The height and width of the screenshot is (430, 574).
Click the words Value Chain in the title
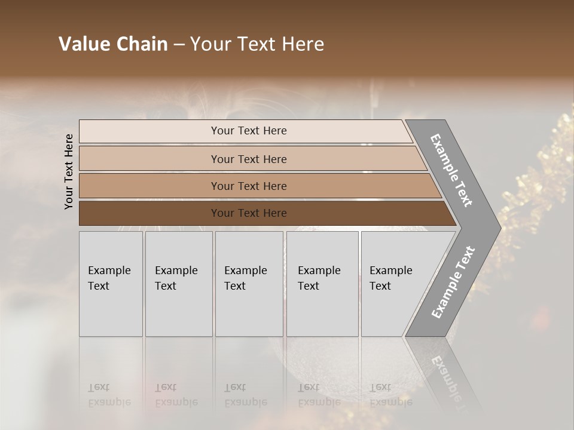[113, 44]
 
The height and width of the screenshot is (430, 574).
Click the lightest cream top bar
[149, 131]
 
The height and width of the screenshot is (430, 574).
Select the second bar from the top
[149, 159]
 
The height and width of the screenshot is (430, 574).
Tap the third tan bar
[149, 186]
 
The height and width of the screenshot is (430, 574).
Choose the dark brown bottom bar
[149, 213]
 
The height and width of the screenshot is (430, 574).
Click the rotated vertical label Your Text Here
[69, 172]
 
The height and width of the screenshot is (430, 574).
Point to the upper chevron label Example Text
[451, 170]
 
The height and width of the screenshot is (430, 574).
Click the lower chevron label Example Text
[453, 282]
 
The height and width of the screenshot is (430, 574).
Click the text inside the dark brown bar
[249, 213]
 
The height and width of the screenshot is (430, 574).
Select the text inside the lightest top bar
[249, 131]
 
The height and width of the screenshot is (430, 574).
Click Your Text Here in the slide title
[257, 44]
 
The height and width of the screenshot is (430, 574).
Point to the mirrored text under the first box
[109, 395]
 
